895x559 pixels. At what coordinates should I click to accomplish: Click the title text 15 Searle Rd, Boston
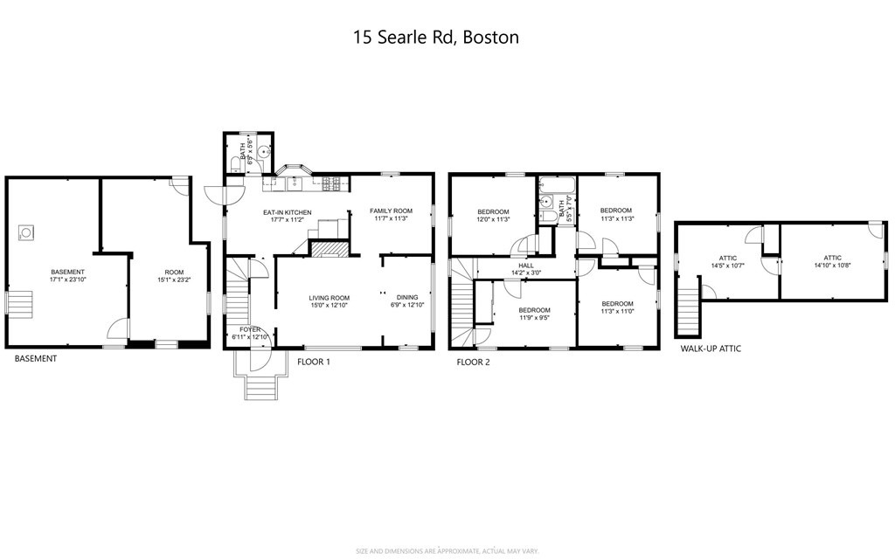(435, 37)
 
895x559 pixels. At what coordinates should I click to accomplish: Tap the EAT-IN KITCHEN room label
(288, 212)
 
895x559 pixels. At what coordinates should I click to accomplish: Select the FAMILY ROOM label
(390, 211)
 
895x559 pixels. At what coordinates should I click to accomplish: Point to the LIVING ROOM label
(329, 298)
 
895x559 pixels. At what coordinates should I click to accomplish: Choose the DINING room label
(407, 298)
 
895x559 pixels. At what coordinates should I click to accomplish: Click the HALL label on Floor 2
(525, 266)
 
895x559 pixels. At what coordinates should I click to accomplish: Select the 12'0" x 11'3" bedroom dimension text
(494, 219)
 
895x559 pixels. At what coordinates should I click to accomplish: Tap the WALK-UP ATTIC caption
(711, 349)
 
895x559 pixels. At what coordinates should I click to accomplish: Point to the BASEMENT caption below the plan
(35, 358)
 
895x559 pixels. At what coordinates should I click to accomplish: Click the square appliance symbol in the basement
(27, 232)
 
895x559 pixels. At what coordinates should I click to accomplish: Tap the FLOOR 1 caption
(313, 361)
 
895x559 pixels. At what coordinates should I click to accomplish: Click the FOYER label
(250, 329)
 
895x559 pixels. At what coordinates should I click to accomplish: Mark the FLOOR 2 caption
(473, 361)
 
